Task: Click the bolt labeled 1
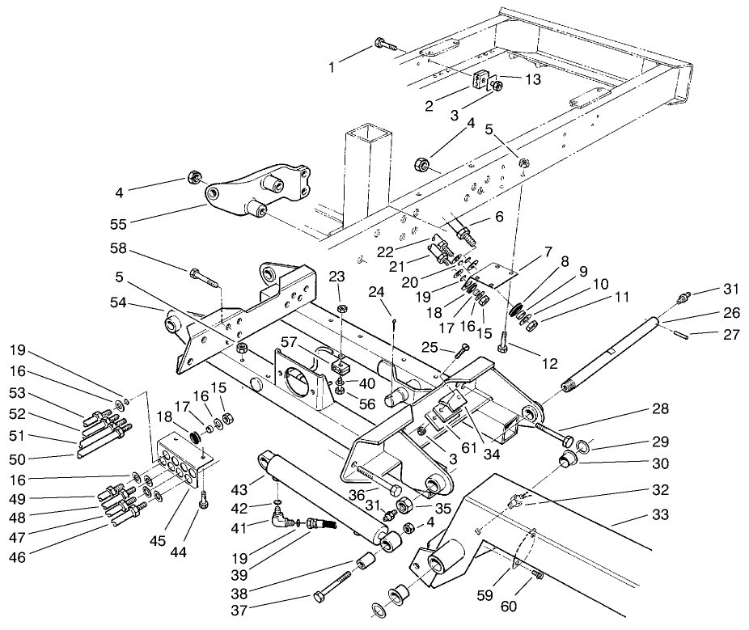click(383, 44)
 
